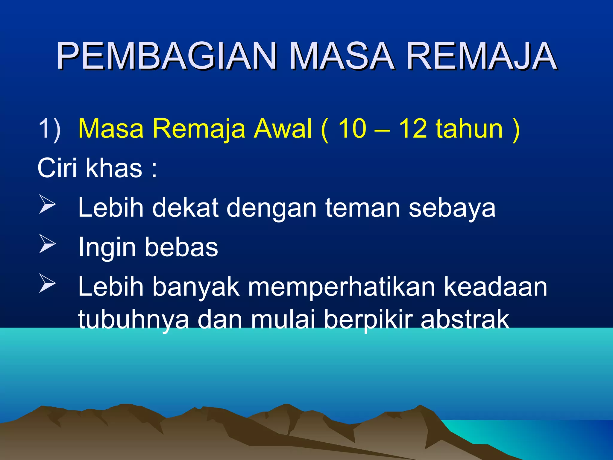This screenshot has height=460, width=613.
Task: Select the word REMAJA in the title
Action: [x=482, y=56]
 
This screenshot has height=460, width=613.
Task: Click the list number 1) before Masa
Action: [x=49, y=129]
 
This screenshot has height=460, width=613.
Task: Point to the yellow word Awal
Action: [x=283, y=129]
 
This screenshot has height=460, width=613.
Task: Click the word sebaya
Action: [x=452, y=208]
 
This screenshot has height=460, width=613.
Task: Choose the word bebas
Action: [x=181, y=247]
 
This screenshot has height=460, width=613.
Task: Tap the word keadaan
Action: [x=495, y=287]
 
